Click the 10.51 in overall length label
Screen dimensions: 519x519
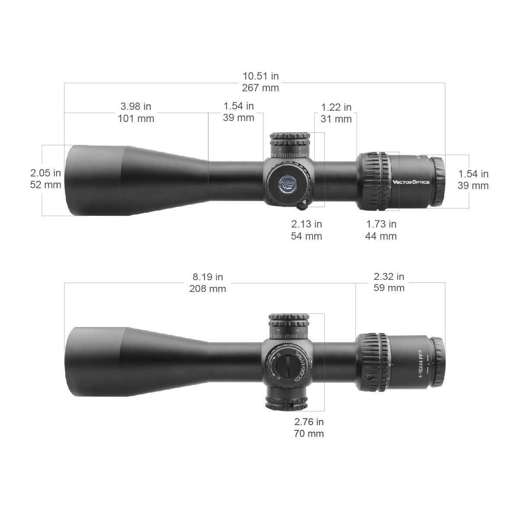click(260, 77)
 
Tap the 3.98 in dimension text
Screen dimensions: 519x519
click(136, 106)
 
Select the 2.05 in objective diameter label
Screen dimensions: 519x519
click(45, 173)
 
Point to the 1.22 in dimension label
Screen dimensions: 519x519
click(336, 107)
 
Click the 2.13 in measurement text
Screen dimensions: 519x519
click(306, 224)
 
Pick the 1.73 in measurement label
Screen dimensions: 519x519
click(381, 224)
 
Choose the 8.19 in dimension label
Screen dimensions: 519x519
click(208, 277)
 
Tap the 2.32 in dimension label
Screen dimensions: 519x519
click(389, 276)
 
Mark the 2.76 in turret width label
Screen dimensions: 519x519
click(309, 422)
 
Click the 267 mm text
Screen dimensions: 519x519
click(260, 88)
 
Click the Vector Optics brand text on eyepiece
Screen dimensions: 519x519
click(411, 182)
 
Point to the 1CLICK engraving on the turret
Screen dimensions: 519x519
click(298, 365)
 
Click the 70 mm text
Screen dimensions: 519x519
click(309, 433)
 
